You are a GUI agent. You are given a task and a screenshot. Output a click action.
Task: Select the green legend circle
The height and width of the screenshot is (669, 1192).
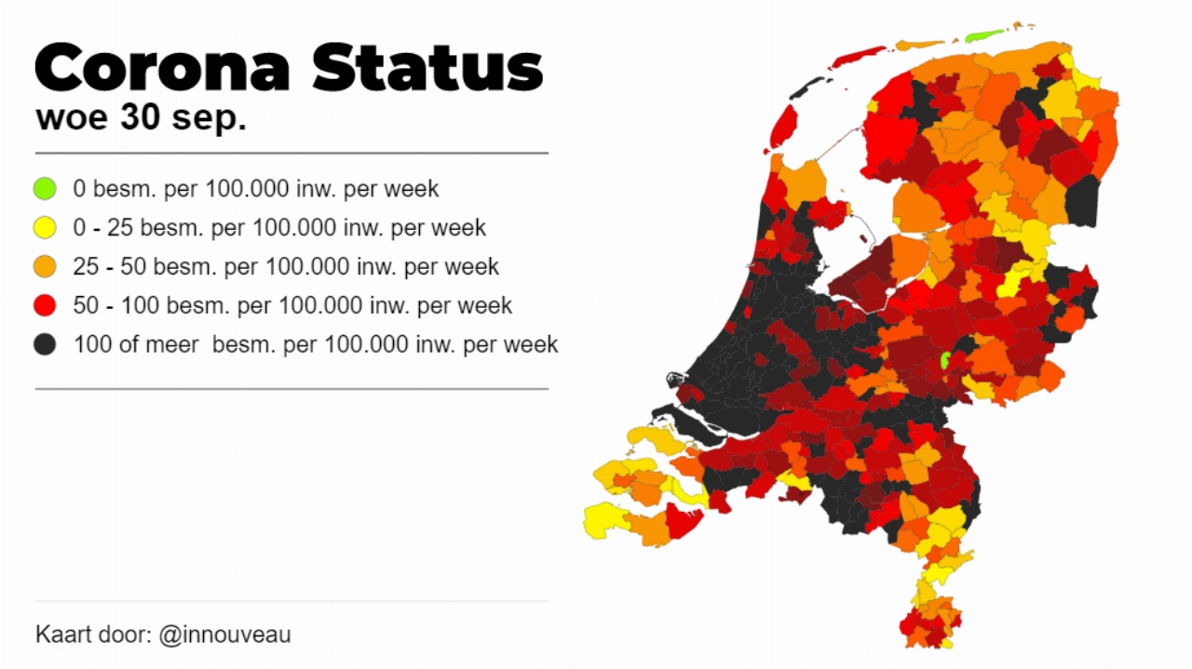pyautogui.click(x=45, y=189)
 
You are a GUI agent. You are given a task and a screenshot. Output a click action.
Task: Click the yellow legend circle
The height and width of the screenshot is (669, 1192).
pyautogui.click(x=45, y=228)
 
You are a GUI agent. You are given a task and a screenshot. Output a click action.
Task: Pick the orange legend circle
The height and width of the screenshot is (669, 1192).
pyautogui.click(x=45, y=267)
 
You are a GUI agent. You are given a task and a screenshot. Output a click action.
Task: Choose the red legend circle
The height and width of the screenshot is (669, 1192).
pyautogui.click(x=45, y=306)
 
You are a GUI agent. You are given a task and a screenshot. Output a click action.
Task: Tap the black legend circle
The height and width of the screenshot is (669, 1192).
pyautogui.click(x=45, y=345)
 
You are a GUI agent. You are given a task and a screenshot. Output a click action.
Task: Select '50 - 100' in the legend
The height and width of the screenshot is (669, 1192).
pyautogui.click(x=114, y=306)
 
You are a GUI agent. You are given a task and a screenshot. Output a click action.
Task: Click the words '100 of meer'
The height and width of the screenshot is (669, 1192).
pyautogui.click(x=136, y=345)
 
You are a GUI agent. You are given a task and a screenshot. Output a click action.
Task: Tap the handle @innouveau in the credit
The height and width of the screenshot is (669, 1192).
pyautogui.click(x=224, y=636)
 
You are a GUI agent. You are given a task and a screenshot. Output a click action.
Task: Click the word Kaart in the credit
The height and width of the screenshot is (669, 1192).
pyautogui.click(x=62, y=636)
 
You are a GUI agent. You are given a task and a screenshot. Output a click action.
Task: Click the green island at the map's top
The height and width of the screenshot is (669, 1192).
pyautogui.click(x=983, y=36)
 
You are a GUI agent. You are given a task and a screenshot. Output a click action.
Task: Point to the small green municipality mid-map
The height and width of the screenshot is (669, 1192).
pyautogui.click(x=944, y=361)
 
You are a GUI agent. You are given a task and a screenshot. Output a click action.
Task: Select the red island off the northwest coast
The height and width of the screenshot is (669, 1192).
pyautogui.click(x=782, y=127)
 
